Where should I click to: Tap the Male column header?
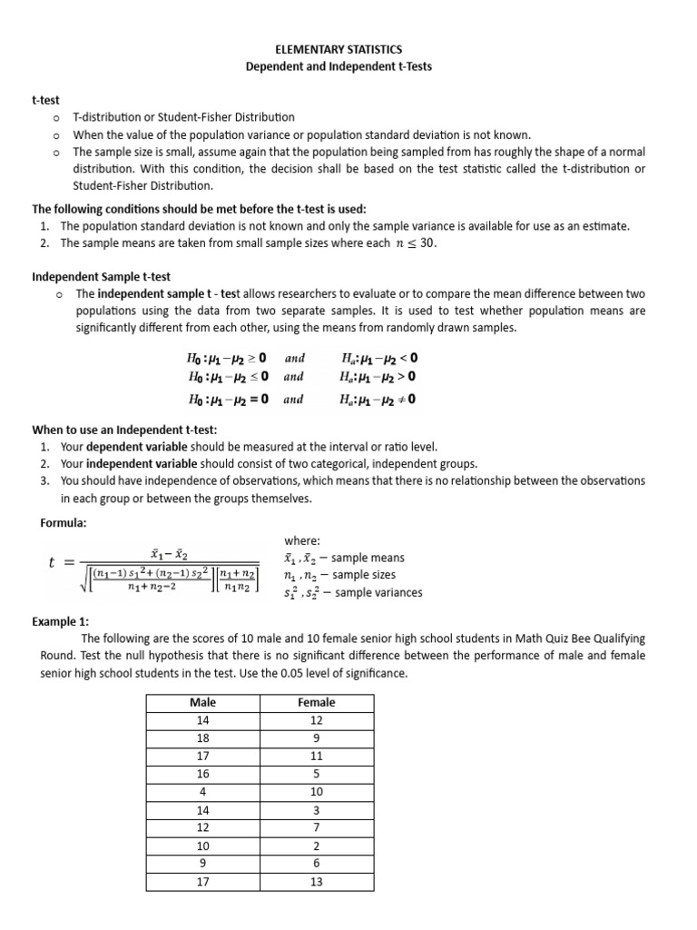(201, 702)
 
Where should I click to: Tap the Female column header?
(316, 702)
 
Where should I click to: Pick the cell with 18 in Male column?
(201, 738)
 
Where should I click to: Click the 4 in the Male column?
(201, 791)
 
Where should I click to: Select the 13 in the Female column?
(316, 880)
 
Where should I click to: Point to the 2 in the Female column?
(316, 845)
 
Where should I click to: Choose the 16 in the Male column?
(201, 774)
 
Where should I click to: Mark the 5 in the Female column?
(316, 774)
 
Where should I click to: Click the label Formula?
(64, 523)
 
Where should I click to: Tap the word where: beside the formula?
(303, 540)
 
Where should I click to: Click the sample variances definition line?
(353, 593)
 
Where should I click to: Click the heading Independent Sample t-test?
(101, 276)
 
